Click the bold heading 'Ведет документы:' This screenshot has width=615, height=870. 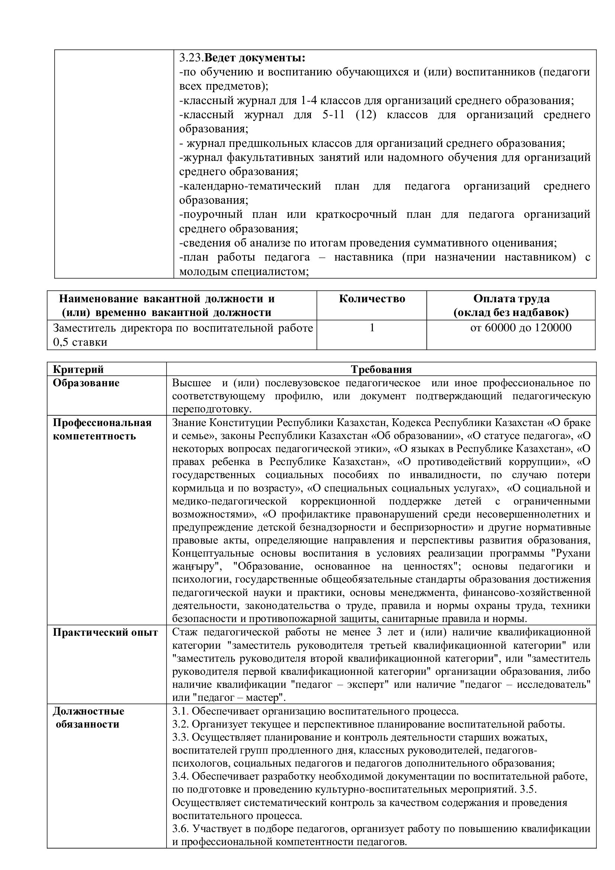click(255, 58)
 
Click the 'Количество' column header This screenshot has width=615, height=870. click(372, 299)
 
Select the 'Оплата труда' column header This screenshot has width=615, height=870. click(511, 299)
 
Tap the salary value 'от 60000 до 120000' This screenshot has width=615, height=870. click(521, 328)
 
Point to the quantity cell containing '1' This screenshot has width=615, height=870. click(372, 328)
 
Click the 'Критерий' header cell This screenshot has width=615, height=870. click(78, 369)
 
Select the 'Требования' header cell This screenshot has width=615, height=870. click(381, 369)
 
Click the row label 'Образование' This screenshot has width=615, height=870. click(86, 383)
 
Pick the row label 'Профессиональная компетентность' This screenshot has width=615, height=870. click(102, 429)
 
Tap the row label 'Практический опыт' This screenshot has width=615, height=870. click(105, 632)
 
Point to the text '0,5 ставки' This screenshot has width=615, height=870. click(80, 342)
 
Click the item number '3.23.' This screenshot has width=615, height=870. click(191, 58)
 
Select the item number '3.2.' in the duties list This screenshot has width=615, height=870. click(180, 724)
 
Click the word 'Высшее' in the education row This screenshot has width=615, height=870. click(192, 383)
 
